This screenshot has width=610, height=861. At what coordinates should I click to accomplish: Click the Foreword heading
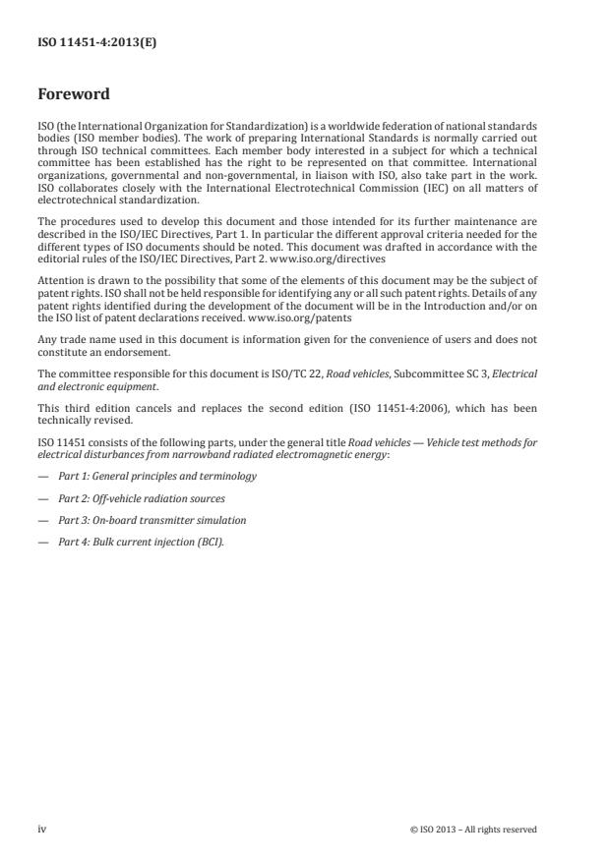click(x=73, y=94)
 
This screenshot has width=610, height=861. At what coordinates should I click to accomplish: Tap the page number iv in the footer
click(x=41, y=830)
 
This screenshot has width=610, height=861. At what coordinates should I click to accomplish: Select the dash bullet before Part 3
click(x=42, y=520)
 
